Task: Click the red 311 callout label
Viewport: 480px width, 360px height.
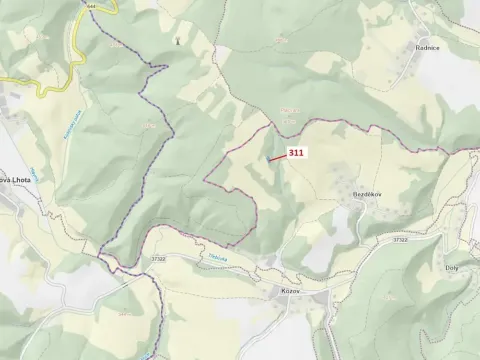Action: pos(296,153)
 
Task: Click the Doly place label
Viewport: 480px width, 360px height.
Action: pos(451,268)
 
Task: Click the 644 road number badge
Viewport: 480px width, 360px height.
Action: pos(92,5)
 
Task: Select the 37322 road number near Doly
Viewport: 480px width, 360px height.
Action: pos(400,240)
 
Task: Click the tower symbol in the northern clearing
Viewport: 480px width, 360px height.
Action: pos(178,41)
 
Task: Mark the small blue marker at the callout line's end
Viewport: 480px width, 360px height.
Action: pos(268,160)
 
